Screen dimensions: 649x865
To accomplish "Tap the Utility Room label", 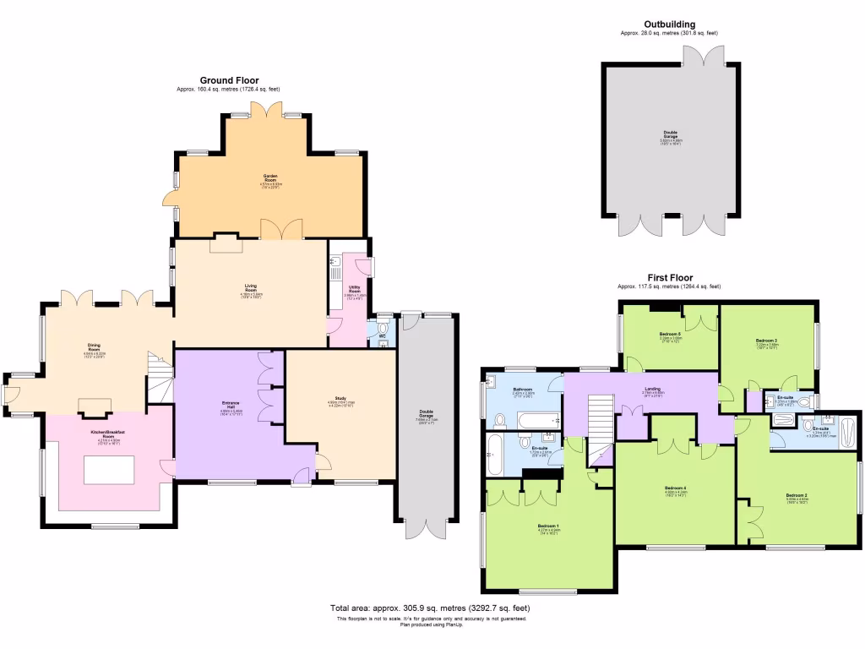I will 355,288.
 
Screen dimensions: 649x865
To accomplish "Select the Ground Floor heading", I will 228,80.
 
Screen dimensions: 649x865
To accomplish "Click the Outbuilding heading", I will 670,25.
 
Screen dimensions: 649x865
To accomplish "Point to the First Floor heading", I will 669,277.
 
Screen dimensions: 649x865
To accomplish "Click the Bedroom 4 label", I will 675,488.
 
